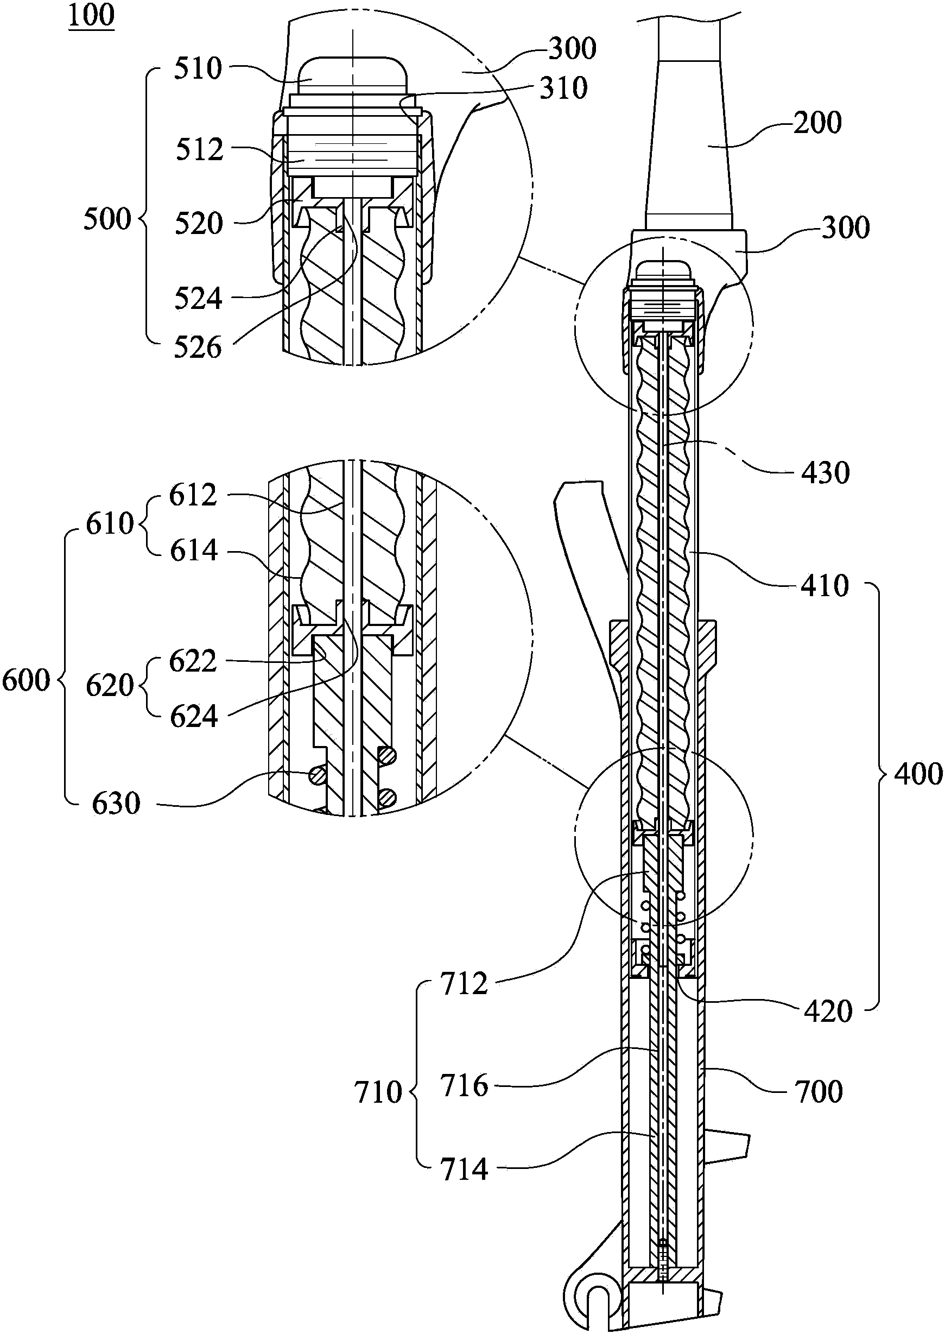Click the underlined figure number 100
coord(91,16)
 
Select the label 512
coord(200,151)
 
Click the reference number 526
coord(198,348)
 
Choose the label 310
coord(563,88)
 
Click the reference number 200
coord(817,123)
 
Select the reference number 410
coord(825,586)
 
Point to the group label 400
coord(918,775)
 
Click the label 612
coord(193,496)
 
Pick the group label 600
coord(26,680)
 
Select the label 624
coord(194,717)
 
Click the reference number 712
coord(464,984)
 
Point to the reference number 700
coord(818,1092)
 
